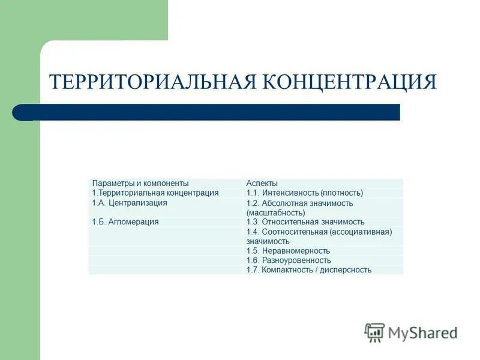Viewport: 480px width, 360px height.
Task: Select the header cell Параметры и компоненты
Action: point(140,183)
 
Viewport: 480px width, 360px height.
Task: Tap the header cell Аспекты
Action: point(262,183)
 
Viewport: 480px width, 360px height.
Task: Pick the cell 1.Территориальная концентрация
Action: point(155,193)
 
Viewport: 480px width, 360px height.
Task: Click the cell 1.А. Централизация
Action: point(130,203)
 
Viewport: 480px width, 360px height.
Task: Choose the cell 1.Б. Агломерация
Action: point(125,222)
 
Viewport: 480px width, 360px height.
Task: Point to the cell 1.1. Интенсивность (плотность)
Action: point(305,193)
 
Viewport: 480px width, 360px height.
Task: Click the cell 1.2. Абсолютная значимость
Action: point(299,203)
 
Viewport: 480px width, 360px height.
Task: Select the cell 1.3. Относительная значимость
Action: point(305,222)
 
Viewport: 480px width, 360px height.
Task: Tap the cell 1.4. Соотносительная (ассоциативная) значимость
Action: point(319,236)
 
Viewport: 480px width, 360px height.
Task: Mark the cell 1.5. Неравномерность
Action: point(288,251)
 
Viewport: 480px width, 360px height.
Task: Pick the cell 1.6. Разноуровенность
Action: point(289,260)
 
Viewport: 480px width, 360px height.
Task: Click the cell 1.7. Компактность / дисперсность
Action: point(309,270)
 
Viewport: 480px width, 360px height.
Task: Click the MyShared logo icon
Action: point(374,332)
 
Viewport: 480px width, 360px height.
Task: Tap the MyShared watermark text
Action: point(422,332)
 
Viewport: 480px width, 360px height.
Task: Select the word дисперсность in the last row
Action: point(346,270)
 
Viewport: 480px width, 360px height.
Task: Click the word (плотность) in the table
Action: point(341,193)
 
